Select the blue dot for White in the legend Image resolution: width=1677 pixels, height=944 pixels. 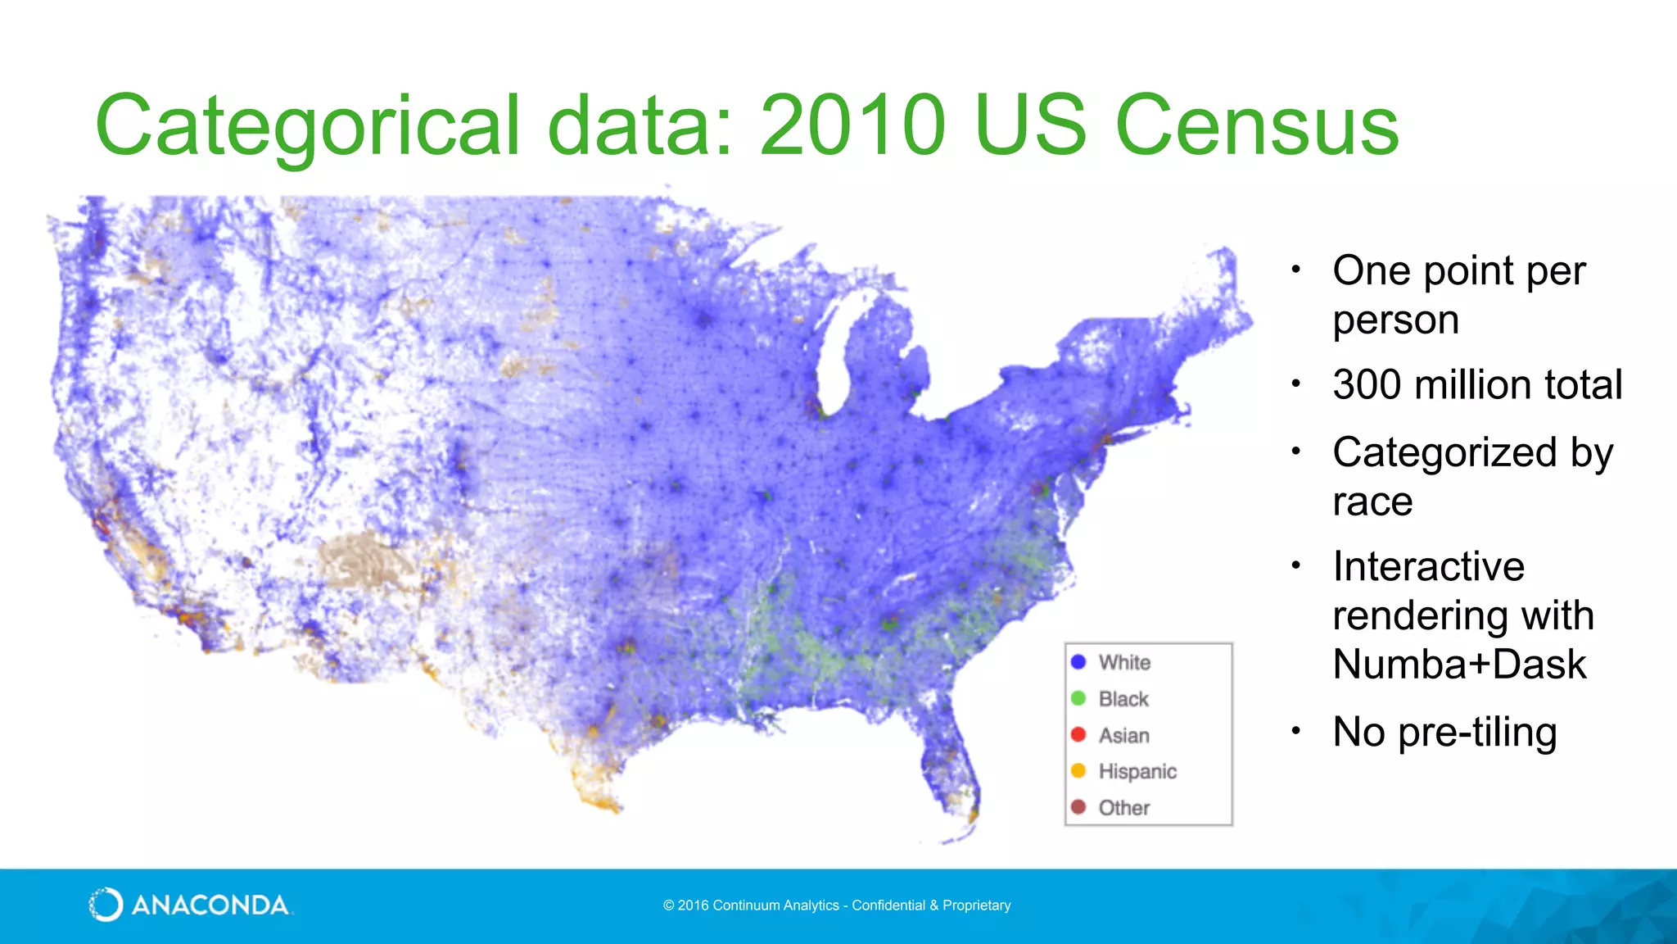[1078, 662]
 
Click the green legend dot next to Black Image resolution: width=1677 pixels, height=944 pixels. [1078, 698]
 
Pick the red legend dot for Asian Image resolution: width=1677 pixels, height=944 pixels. [1078, 735]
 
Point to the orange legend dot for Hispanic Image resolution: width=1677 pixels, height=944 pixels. [1078, 771]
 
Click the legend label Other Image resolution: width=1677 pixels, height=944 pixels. [1124, 808]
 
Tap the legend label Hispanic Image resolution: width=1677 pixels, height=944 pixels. [1137, 771]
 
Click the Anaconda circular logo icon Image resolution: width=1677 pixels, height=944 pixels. [106, 905]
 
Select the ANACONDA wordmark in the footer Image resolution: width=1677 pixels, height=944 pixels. [210, 905]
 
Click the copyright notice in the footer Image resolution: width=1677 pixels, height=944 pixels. [837, 905]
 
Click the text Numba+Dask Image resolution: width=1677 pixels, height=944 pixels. [1459, 664]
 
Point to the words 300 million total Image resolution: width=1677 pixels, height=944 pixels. [1477, 384]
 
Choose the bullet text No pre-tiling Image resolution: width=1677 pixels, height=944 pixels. [1444, 732]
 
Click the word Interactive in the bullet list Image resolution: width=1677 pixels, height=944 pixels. [1428, 566]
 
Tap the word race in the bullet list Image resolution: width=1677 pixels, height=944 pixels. [1372, 501]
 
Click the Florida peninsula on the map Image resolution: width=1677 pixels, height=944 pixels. [950, 762]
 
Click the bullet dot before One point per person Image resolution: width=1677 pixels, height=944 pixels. [1296, 270]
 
